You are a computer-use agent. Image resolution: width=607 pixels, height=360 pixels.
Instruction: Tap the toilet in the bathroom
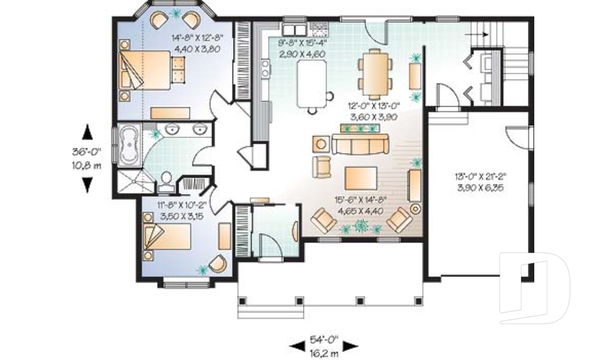(167, 181)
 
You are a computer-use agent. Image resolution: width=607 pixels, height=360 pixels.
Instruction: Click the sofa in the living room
(359, 146)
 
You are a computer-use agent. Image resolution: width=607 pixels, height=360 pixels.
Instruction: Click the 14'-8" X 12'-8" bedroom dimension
(198, 38)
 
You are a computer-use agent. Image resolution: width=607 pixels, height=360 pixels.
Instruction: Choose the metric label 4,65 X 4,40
(360, 211)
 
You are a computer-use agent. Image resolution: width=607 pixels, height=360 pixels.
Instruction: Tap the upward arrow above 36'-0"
(88, 132)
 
